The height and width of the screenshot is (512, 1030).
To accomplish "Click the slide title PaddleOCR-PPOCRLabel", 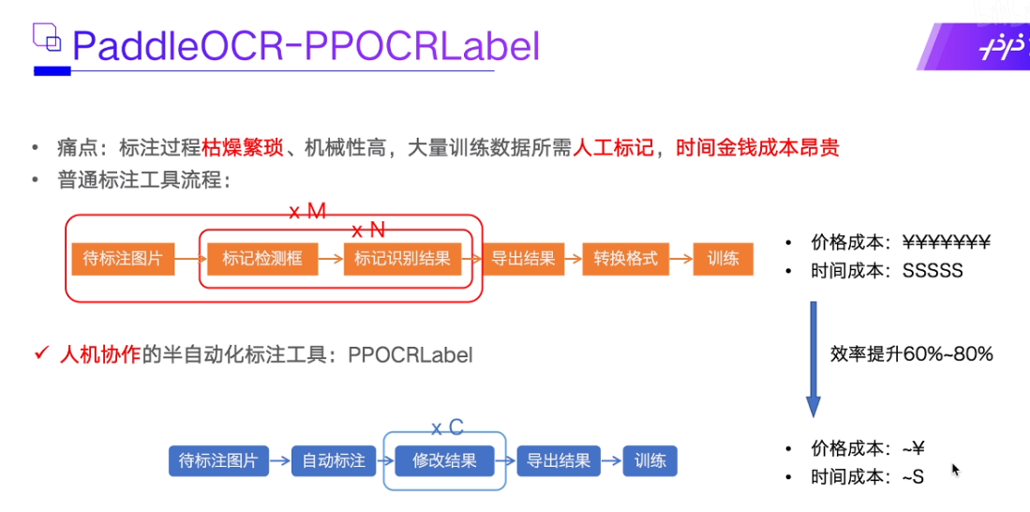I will coord(306,45).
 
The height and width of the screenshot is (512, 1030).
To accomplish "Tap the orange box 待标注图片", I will coord(123,258).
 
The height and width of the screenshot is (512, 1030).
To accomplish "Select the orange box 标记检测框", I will coord(262,258).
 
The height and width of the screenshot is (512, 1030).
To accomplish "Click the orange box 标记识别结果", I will coord(402,258).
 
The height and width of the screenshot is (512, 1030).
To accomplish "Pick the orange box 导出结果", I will coord(523,258).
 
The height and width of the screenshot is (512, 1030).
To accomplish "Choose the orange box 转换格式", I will coord(626,258).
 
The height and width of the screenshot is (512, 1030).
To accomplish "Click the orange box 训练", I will coord(724,258).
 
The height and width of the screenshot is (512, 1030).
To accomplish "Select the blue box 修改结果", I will coord(444,460).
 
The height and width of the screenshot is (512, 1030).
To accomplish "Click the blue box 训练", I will coord(649,460).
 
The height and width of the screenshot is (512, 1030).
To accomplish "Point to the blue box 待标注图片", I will coord(218,460).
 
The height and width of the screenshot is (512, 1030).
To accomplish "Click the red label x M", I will coord(307,212).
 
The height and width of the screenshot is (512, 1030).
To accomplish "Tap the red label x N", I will coord(368,230).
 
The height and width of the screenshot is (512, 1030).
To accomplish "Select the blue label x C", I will coord(447,428).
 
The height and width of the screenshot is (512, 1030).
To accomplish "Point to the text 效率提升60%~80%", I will coord(911,354).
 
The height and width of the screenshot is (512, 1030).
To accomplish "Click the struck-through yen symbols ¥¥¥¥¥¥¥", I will coord(947,242).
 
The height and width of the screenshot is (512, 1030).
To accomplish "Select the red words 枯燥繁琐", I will coord(239,147).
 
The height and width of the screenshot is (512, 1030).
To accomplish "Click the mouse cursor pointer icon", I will coord(956,470).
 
